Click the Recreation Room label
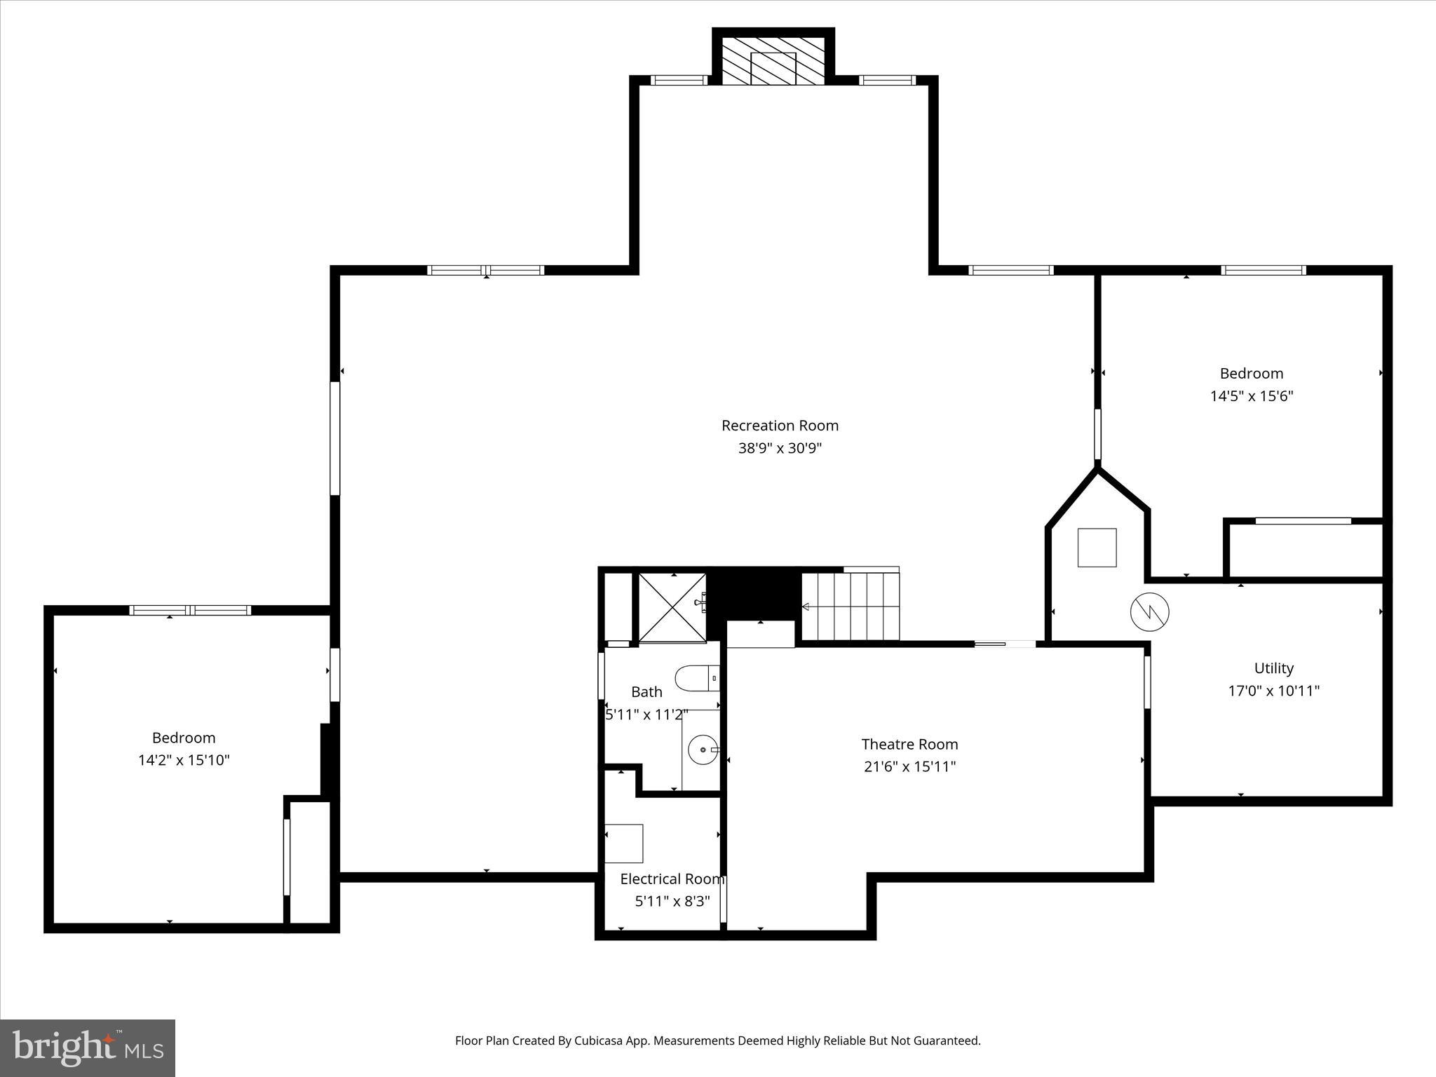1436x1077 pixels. tap(780, 426)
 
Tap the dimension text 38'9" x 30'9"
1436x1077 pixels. tap(780, 448)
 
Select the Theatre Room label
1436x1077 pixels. tap(909, 744)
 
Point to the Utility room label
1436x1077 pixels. tap(1273, 668)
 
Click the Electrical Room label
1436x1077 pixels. tap(672, 879)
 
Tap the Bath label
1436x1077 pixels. tap(646, 692)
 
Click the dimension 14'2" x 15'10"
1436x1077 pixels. tap(184, 760)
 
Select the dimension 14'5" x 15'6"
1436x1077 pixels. tap(1251, 396)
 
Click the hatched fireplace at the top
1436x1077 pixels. tap(773, 61)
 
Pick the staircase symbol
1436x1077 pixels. tap(851, 607)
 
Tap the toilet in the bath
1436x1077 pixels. tap(697, 678)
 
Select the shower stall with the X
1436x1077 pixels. tap(672, 607)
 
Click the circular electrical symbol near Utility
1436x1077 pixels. tap(1149, 611)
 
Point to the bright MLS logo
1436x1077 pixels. tap(88, 1048)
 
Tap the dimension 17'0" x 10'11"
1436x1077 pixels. tap(1273, 691)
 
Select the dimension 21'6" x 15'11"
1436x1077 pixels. tap(909, 766)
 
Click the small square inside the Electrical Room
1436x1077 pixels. tap(624, 844)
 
